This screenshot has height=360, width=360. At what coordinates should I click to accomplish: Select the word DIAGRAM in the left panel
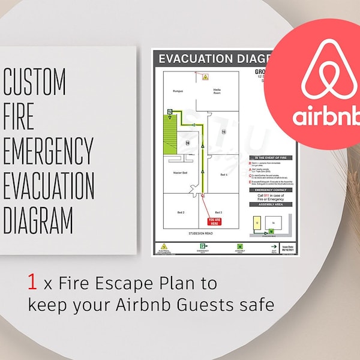(38, 219)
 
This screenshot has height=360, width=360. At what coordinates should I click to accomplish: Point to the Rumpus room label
(178, 92)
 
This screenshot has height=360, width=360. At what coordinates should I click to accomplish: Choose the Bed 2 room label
(180, 213)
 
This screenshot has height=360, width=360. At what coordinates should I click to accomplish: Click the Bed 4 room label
(223, 174)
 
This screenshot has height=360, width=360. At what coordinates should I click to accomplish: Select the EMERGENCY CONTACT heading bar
(271, 190)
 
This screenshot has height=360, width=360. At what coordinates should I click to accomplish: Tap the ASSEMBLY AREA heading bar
(271, 204)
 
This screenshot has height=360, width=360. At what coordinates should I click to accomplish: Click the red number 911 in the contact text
(268, 196)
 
